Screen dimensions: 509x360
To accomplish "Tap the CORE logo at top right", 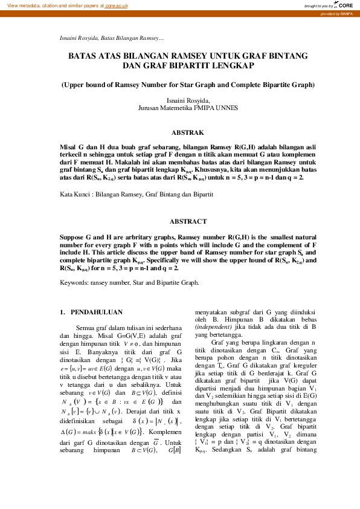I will point(345,5).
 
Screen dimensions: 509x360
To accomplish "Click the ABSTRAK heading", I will point(188,132).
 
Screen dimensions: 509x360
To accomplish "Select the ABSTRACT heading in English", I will point(188,221).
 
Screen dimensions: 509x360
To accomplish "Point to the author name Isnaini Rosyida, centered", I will point(188,100).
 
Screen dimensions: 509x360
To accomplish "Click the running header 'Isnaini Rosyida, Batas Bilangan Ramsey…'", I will point(108,37).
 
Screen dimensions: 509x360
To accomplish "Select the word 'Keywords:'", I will point(76,282).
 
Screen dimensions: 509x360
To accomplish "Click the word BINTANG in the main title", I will point(285,56).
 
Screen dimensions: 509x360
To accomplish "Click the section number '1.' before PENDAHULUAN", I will point(62,312).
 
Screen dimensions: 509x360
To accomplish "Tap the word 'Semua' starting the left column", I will point(88,328).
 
